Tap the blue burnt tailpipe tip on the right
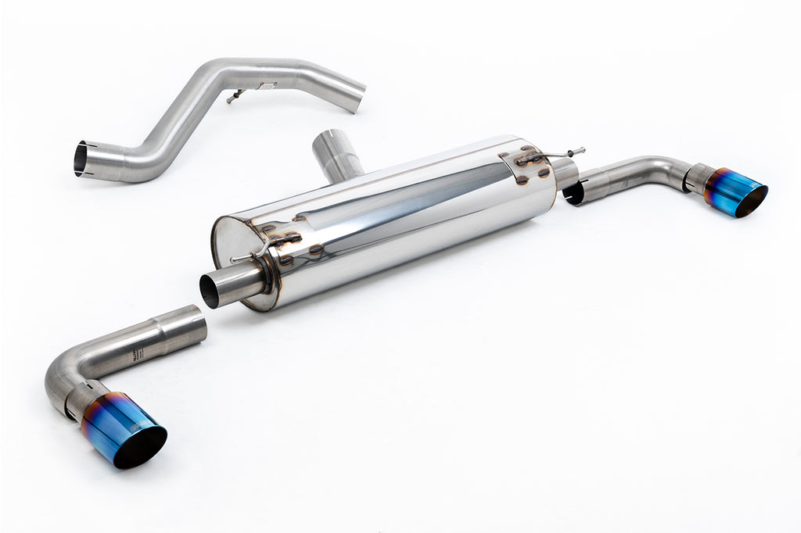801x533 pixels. pyautogui.click(x=731, y=191)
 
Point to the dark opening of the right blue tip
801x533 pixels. pyautogui.click(x=752, y=201)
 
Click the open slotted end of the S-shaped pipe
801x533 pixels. pyautogui.click(x=81, y=159)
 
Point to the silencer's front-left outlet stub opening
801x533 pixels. pyautogui.click(x=209, y=291)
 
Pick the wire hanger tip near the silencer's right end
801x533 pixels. pyautogui.click(x=580, y=151)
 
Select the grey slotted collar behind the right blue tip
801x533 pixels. pyautogui.click(x=698, y=178)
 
